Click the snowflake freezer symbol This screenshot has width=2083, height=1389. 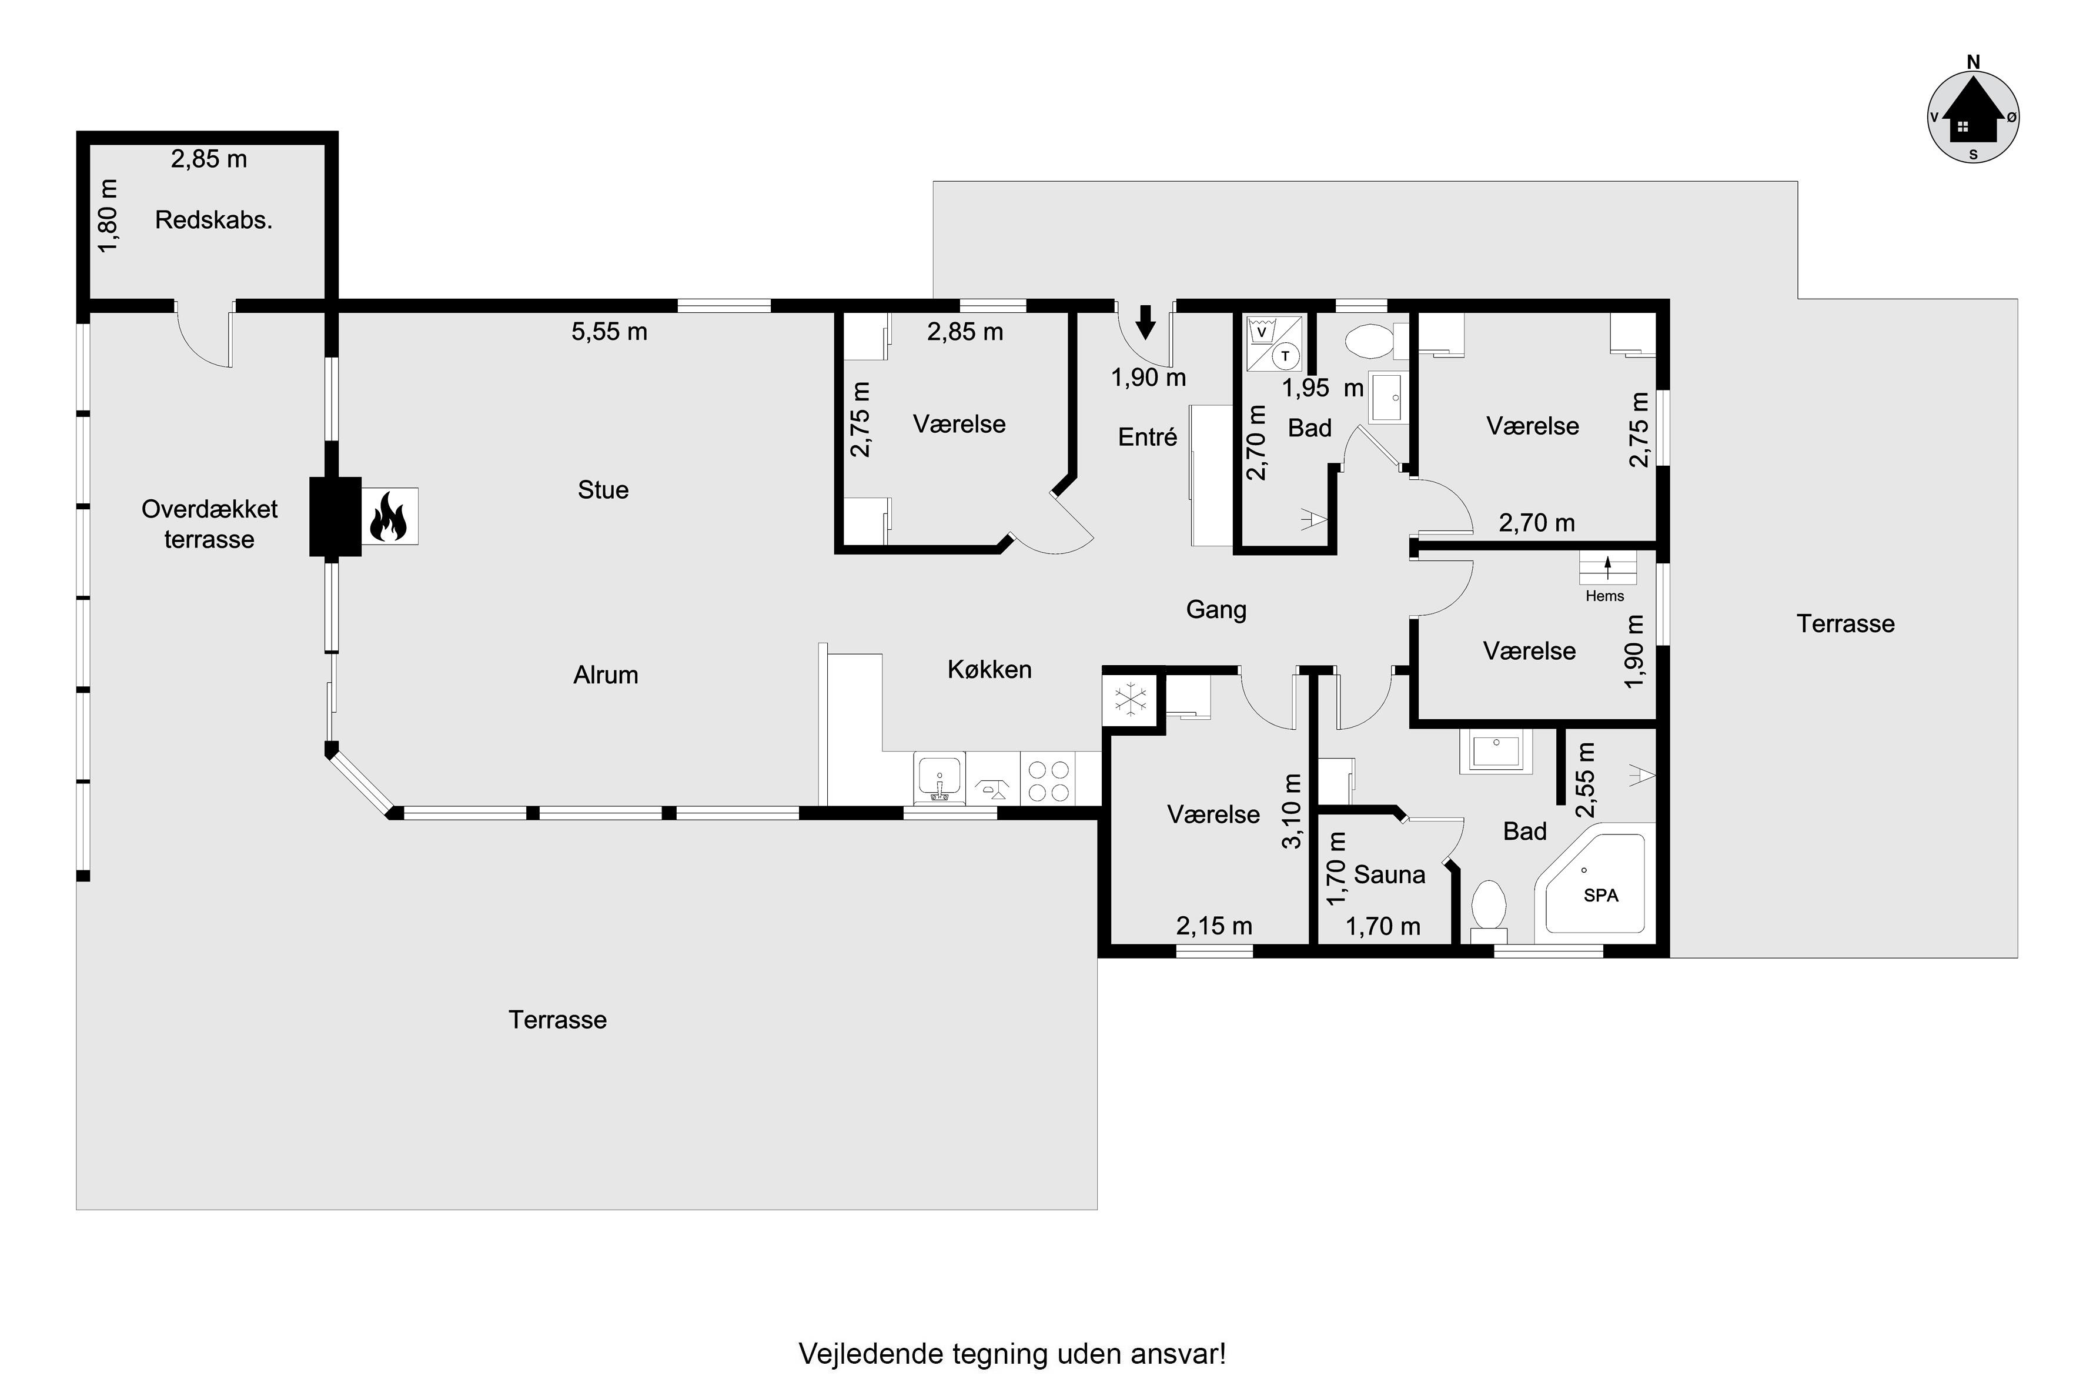[1130, 700]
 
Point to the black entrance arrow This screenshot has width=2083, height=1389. [1146, 322]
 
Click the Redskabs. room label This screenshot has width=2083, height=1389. [213, 220]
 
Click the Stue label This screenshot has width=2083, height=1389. [603, 490]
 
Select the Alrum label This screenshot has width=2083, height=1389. [606, 675]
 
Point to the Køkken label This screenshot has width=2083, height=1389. [989, 670]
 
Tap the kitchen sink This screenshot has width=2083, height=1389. [939, 777]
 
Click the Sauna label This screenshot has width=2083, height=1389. [1390, 875]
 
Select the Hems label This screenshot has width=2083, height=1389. [1605, 596]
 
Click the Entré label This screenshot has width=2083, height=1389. [1148, 437]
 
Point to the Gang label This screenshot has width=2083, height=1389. [1216, 609]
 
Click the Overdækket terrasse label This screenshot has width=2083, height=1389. [210, 525]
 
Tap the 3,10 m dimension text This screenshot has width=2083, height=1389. [1292, 812]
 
